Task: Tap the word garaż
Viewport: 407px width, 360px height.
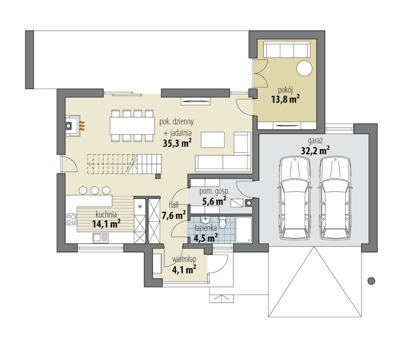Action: coord(315,141)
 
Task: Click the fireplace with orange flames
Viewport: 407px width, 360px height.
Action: coord(74,126)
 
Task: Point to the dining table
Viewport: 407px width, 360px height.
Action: coord(132,126)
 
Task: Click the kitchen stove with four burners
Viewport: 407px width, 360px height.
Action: coord(71,219)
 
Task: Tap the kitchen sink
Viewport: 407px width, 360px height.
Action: coord(100,238)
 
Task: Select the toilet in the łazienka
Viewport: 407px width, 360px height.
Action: coord(222,222)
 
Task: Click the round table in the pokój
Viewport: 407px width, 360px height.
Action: coord(304,68)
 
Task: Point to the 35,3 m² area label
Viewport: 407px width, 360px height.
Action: coord(178,143)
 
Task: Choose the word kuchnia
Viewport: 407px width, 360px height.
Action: coord(106,215)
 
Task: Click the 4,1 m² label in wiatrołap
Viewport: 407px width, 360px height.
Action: coord(184,269)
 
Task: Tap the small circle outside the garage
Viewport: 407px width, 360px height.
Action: coord(372,281)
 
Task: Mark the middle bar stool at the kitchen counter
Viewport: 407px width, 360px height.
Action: coord(94,190)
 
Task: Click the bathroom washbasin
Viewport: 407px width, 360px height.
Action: coord(206,220)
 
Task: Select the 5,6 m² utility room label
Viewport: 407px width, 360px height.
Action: coord(214,201)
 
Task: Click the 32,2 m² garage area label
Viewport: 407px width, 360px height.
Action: coord(315,150)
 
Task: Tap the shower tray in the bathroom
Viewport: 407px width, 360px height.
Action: coord(244,230)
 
